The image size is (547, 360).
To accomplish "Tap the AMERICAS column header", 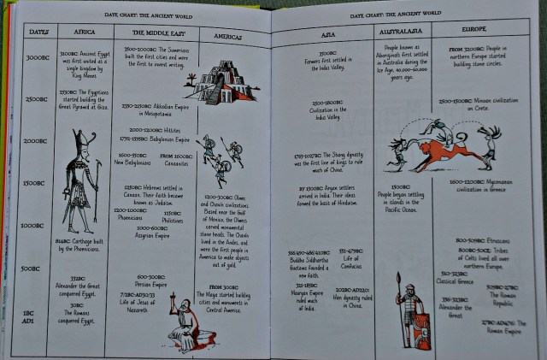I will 227,38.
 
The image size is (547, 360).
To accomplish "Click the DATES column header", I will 38,32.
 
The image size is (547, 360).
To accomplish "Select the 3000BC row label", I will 37,58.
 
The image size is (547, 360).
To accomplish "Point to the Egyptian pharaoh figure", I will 82,181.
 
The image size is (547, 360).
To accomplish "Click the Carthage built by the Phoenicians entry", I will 81,246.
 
